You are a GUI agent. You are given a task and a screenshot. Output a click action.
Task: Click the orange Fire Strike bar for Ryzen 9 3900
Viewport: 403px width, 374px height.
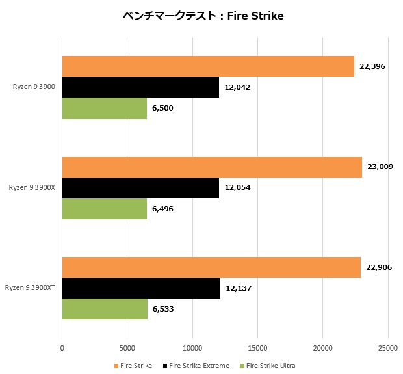(x=208, y=66)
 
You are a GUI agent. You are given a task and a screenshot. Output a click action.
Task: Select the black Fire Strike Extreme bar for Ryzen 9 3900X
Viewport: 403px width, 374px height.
(x=140, y=187)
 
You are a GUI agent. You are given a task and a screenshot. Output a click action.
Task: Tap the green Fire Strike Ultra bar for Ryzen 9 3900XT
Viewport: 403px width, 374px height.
(x=105, y=309)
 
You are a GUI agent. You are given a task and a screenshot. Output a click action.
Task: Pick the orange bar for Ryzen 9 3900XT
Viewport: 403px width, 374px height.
(x=211, y=267)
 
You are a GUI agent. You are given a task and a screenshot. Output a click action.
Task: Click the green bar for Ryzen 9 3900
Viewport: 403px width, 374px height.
(x=105, y=108)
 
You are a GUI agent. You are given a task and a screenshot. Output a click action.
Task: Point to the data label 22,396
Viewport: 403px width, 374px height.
(x=372, y=66)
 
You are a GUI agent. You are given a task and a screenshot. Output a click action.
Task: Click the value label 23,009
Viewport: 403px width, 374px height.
(x=380, y=167)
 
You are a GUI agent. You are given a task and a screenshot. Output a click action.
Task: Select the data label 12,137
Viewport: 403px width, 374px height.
(x=239, y=288)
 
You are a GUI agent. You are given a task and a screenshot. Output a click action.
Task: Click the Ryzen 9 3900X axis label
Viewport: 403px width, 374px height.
(x=32, y=187)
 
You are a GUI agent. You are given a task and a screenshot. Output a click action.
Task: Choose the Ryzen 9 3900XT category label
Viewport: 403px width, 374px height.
(x=30, y=288)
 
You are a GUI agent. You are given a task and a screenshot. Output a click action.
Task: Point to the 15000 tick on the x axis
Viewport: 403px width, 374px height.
(x=258, y=348)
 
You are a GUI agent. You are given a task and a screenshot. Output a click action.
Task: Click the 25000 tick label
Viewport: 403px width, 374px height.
(x=389, y=348)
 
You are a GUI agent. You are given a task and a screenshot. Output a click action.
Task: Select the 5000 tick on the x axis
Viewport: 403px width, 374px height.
(x=127, y=348)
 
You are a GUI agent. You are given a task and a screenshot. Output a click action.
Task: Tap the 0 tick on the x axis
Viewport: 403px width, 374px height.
(x=62, y=348)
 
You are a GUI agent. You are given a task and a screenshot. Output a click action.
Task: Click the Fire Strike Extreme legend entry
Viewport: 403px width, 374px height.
(x=196, y=366)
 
